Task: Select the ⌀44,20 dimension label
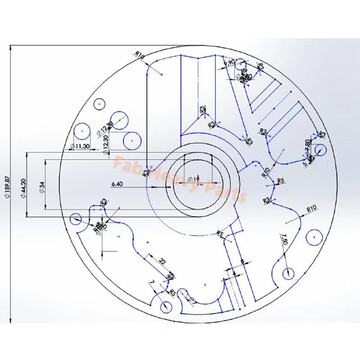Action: coord(23,185)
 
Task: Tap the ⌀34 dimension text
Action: coord(41,185)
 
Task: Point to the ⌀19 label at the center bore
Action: coord(193,179)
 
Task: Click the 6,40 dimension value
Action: coord(117,184)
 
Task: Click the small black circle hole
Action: coord(99,103)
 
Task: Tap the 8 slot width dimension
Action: coord(242,261)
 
